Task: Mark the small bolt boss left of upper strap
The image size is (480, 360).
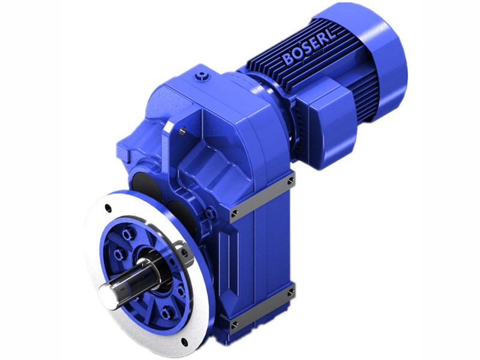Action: [x=211, y=212]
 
